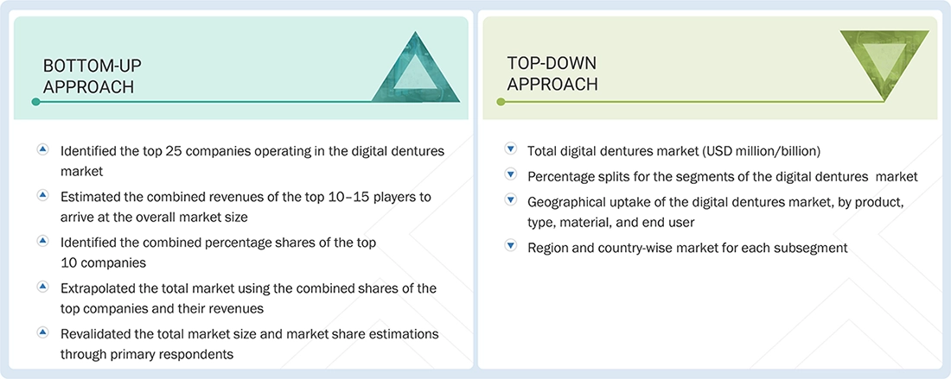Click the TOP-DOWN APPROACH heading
click(552, 73)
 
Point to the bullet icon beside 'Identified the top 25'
click(42, 150)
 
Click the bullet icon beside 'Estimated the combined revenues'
click(42, 196)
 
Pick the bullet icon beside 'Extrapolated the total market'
click(42, 287)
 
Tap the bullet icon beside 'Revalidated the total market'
click(42, 332)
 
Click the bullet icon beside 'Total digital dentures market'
click(510, 149)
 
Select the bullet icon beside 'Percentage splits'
click(510, 175)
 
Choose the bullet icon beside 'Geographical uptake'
click(510, 199)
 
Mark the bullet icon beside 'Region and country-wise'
click(510, 247)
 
